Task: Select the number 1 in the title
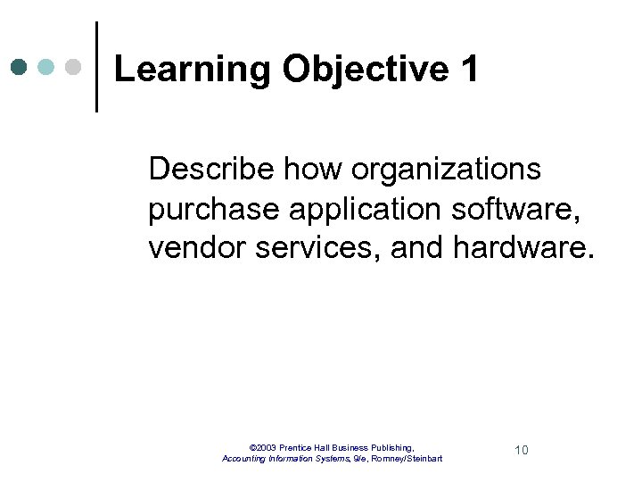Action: (470, 69)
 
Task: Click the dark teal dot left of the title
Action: (20, 68)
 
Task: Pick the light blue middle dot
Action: (47, 68)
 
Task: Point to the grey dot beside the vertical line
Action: (74, 68)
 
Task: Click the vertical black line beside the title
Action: (95, 67)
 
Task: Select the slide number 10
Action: (522, 450)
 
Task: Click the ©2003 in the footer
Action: (263, 446)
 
